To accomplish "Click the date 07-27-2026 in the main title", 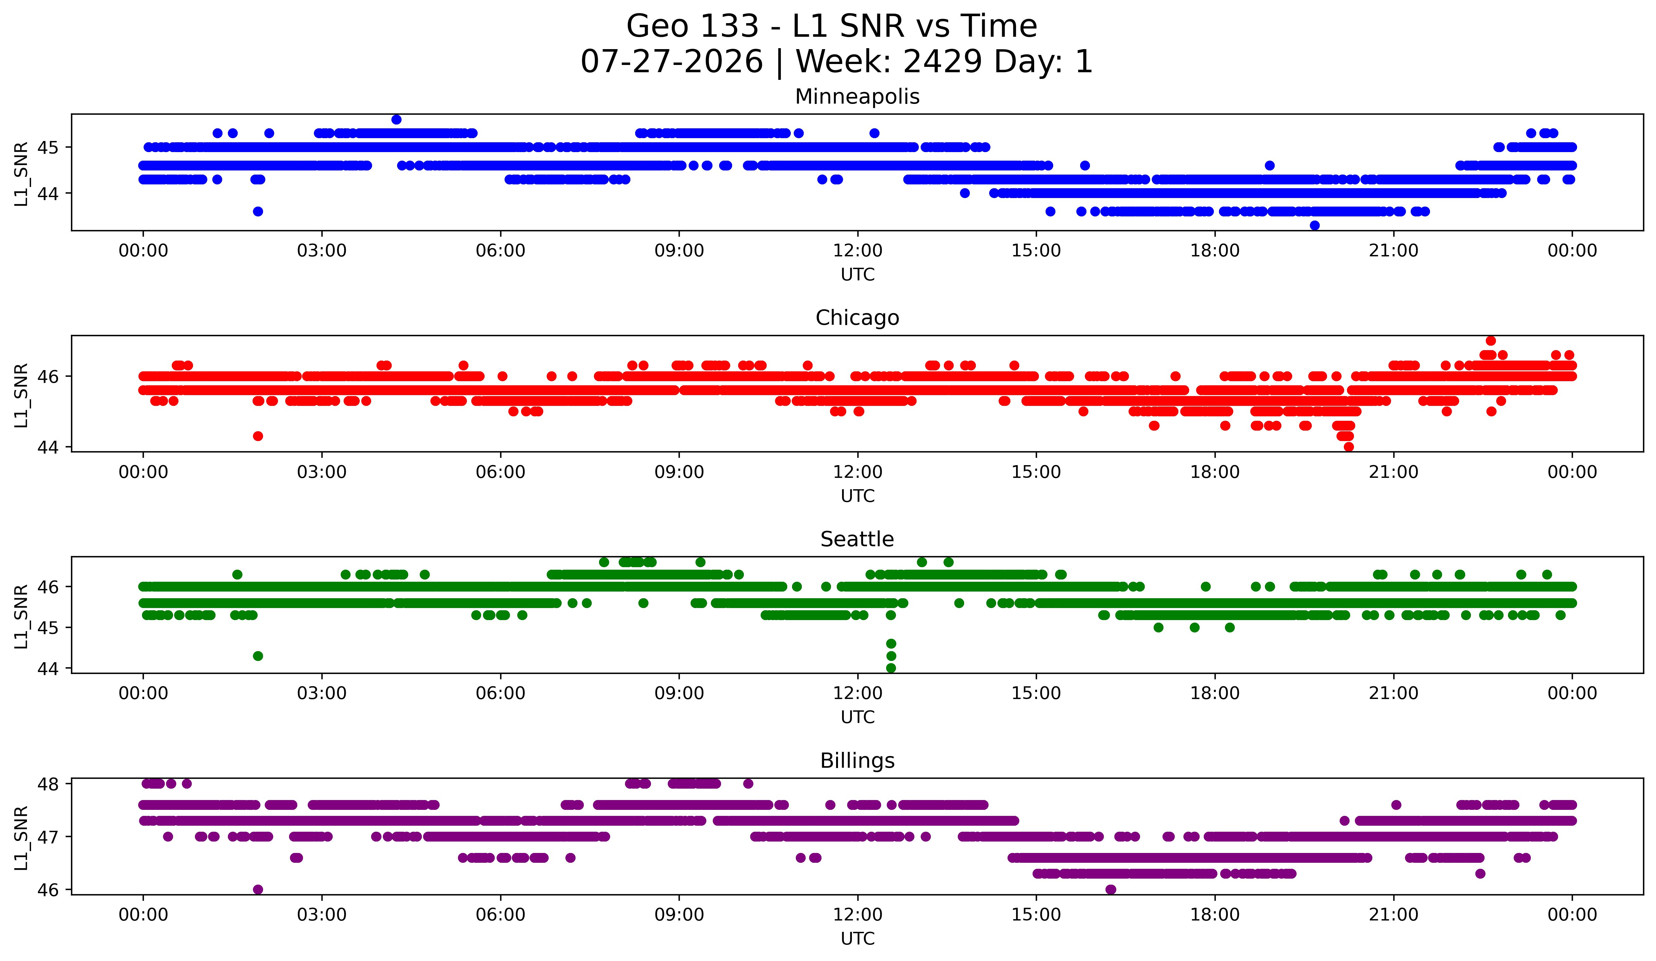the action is pyautogui.click(x=672, y=62).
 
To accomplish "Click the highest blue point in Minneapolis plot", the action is pyautogui.click(x=396, y=119).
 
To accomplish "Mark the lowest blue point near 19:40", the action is pyautogui.click(x=1314, y=225).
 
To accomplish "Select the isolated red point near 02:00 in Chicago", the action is pyautogui.click(x=258, y=436).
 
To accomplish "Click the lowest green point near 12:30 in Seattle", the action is pyautogui.click(x=891, y=668).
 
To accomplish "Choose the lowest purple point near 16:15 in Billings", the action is pyautogui.click(x=1111, y=889).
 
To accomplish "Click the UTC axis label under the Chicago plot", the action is pyautogui.click(x=858, y=496).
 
